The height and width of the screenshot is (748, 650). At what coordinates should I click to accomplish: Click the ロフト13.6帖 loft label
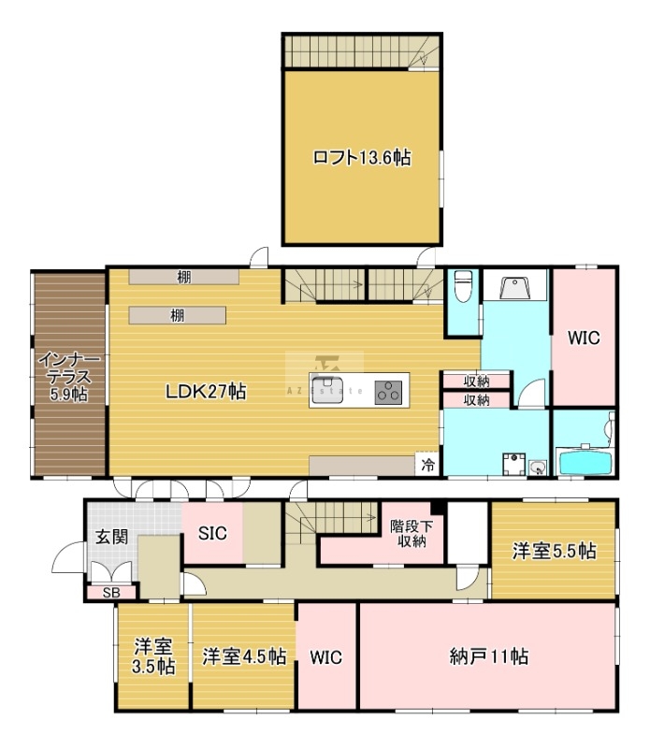click(362, 157)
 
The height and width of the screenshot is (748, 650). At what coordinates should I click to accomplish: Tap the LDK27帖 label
click(206, 392)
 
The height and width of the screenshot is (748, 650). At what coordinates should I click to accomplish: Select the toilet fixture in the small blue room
click(463, 286)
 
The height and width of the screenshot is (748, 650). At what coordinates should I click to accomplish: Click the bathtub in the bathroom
click(585, 462)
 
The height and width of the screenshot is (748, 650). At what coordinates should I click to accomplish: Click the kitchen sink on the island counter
click(327, 390)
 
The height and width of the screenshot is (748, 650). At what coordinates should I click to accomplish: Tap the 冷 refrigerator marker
click(427, 464)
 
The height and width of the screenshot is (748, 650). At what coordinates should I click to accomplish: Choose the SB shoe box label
click(111, 593)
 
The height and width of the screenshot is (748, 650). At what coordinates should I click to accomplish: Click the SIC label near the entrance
click(212, 533)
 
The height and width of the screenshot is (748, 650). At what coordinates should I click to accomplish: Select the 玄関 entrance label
click(111, 537)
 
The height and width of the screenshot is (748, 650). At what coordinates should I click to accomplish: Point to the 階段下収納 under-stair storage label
click(412, 533)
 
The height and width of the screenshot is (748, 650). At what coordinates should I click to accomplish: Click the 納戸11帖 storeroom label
click(489, 657)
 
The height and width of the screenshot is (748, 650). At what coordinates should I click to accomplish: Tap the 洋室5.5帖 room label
click(554, 551)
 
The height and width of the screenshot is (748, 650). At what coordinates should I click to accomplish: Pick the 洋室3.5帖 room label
click(153, 656)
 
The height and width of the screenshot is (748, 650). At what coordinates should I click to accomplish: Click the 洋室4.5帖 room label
click(244, 656)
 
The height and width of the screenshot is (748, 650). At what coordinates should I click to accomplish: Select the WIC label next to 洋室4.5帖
click(326, 657)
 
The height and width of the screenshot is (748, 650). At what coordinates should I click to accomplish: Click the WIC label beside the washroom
click(584, 338)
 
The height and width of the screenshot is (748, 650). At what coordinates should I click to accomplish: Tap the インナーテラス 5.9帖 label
click(69, 377)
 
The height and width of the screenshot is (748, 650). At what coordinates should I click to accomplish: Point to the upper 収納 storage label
click(476, 381)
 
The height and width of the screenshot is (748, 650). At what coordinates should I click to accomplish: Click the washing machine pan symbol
click(513, 464)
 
